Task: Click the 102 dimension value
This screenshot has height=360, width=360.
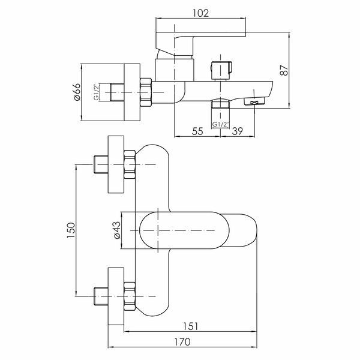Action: (200, 13)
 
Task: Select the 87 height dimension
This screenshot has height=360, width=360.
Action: (284, 70)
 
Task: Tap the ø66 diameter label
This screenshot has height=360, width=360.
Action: (77, 92)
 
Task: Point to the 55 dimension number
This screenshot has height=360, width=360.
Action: (197, 131)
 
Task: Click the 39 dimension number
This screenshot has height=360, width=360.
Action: (237, 131)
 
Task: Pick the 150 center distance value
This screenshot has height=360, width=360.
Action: (71, 230)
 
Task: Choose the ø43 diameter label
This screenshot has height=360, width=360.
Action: (116, 230)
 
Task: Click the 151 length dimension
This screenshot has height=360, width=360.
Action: (190, 326)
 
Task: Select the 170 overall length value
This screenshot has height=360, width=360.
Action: (182, 342)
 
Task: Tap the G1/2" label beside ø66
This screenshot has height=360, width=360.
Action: (96, 92)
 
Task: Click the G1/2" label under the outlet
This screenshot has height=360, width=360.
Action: (221, 124)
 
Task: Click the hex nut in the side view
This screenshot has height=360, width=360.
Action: (146, 92)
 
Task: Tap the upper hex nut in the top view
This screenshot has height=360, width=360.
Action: (130, 164)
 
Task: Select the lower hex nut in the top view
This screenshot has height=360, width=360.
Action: (130, 296)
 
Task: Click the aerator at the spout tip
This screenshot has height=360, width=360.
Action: (254, 101)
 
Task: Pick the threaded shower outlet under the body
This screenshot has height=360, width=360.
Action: (221, 104)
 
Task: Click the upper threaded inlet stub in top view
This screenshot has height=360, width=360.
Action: (101, 164)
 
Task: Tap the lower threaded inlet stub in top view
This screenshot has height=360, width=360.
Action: (101, 296)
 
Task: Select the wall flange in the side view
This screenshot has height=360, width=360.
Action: (132, 92)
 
